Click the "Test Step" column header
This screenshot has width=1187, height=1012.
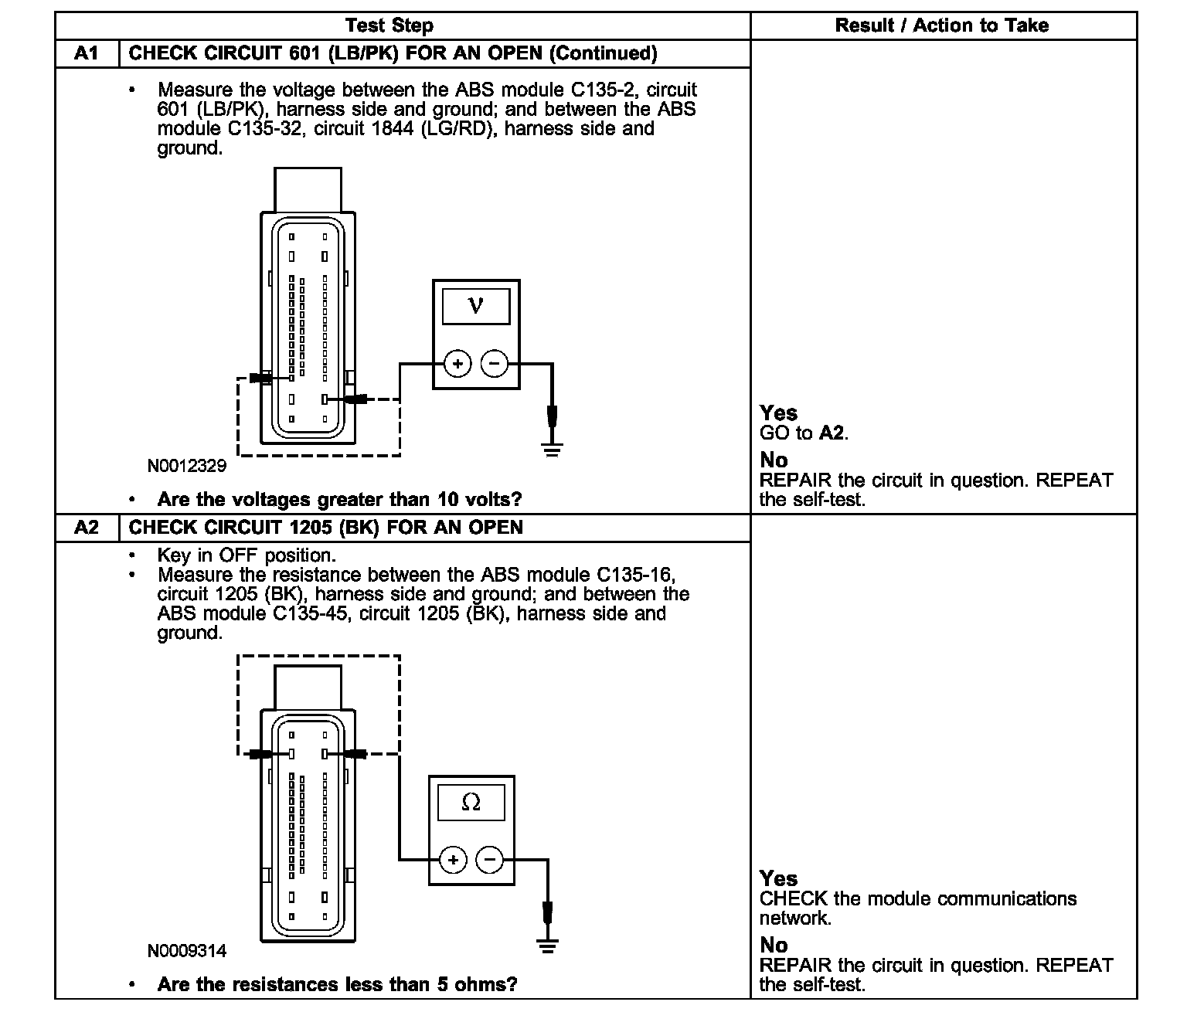389,25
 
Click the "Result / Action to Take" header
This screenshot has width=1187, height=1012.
941,25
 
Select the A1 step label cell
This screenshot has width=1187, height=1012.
87,53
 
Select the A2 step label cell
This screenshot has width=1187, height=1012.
87,528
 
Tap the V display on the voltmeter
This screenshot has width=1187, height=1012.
476,306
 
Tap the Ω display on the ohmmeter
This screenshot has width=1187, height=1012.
471,803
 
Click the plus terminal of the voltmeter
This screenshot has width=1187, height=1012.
457,363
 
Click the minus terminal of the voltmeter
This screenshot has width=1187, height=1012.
495,363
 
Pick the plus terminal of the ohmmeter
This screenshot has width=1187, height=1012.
453,859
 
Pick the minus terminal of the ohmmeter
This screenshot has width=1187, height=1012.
489,859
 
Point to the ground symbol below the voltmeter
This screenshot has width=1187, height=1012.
552,449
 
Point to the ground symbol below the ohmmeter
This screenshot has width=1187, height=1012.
547,945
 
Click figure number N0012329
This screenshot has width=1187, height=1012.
187,466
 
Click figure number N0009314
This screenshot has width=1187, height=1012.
187,951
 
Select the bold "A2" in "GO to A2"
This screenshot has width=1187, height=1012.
832,433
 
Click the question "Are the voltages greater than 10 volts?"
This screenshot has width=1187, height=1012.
339,500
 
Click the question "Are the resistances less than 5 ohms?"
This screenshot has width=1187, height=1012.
337,985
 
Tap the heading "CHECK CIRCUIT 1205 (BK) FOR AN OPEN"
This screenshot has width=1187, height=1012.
325,528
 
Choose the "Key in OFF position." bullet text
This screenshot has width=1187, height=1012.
246,555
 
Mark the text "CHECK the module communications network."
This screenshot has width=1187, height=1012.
917,908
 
